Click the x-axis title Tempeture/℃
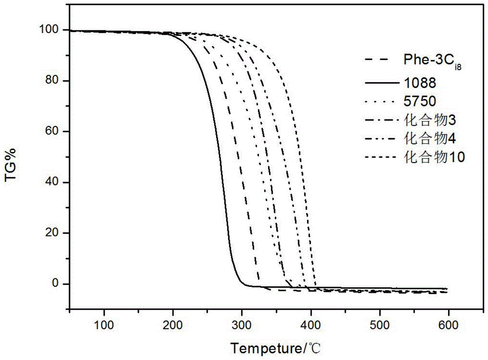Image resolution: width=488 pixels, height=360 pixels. tap(275, 348)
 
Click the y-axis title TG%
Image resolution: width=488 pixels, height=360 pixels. tap(11, 165)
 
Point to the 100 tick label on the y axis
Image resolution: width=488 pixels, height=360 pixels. tap(49, 30)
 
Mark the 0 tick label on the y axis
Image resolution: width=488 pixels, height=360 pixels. tap(56, 283)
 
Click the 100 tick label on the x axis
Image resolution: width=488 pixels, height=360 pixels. tap(104, 325)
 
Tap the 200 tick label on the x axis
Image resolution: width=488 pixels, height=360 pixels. tap(173, 325)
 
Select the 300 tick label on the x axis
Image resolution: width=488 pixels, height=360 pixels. tap(242, 325)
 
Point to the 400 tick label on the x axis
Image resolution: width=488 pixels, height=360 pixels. tap(310, 325)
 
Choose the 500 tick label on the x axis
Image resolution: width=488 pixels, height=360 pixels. tap(380, 325)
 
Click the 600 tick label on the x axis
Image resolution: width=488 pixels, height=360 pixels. tap(448, 325)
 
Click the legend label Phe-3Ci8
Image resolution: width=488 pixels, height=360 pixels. tap(432, 61)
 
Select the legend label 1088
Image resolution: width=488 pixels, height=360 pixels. tap(420, 83)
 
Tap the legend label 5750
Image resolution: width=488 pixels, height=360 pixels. tap(420, 101)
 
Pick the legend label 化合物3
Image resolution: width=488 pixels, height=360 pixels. tap(430, 120)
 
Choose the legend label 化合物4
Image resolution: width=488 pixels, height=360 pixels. tap(430, 138)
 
